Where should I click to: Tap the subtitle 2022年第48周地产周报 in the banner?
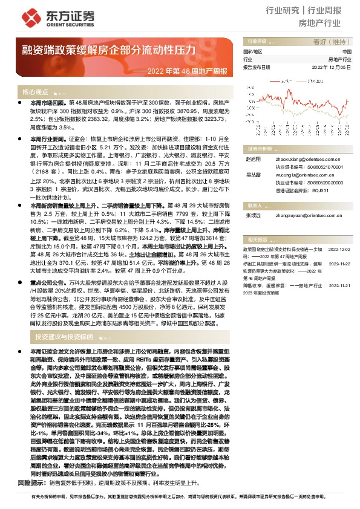coord(185,71)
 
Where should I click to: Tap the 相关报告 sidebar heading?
coord(253,239)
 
